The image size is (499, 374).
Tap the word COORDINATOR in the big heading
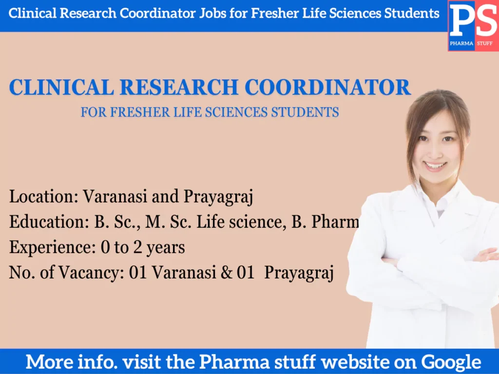(x=327, y=88)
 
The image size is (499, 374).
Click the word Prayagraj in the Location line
(x=218, y=198)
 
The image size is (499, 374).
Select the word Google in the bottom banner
(x=451, y=362)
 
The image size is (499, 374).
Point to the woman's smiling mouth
(x=435, y=166)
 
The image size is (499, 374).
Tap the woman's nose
(x=435, y=151)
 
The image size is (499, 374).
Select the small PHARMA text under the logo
(x=461, y=44)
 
